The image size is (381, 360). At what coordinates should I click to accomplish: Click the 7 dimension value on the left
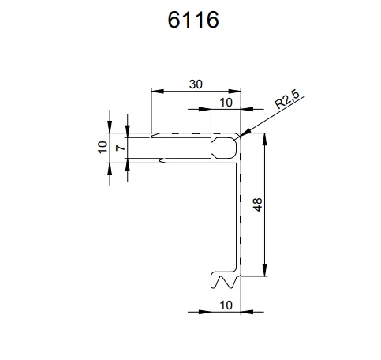119,148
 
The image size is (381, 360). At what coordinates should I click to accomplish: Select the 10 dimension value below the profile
225,304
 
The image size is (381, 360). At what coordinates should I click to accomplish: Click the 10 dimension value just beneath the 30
226,103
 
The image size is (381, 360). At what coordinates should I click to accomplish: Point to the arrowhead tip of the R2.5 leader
244,134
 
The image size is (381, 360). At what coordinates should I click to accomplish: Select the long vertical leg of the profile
238,213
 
